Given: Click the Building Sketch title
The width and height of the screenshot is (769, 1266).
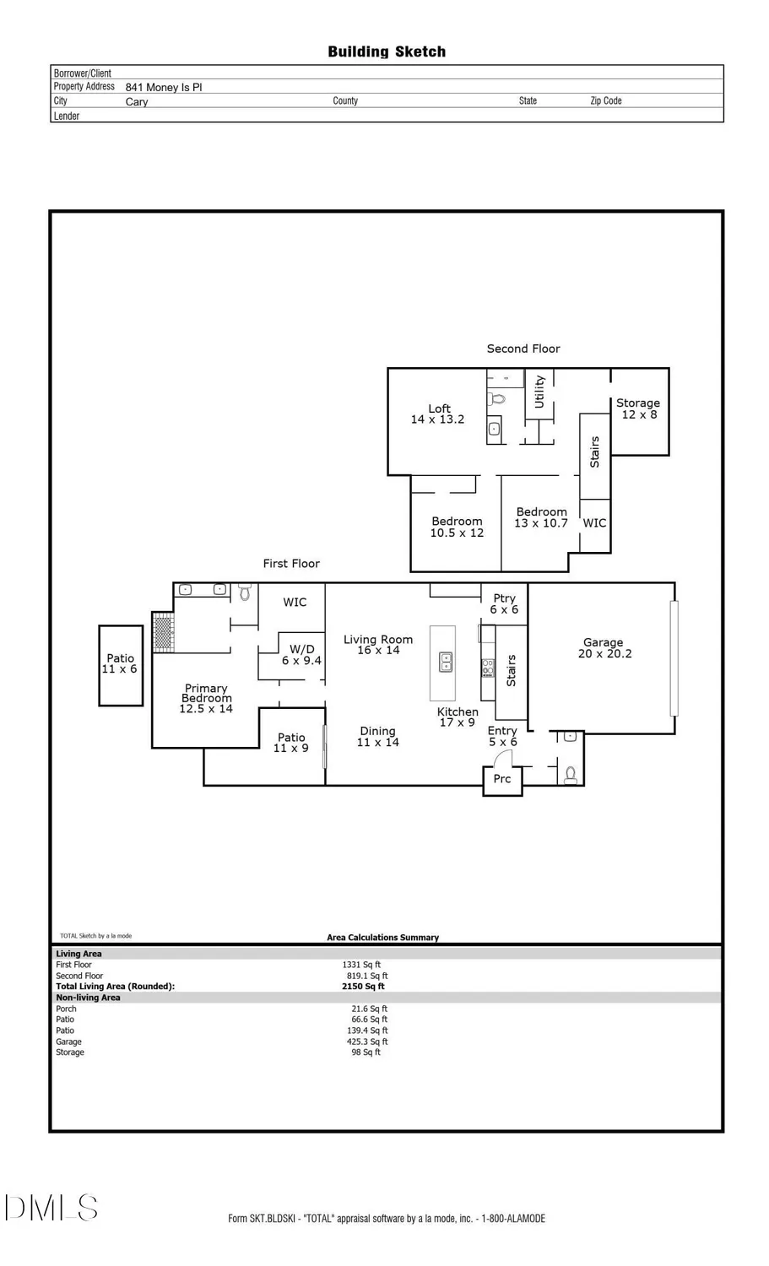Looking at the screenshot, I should (x=387, y=52).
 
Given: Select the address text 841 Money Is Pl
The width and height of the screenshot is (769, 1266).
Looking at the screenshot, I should (x=164, y=87).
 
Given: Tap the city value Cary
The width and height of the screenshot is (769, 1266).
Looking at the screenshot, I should (x=137, y=102).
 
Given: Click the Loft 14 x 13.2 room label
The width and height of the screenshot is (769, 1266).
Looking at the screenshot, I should (x=437, y=414).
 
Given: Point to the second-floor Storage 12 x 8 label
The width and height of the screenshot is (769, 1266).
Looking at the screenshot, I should (x=638, y=408).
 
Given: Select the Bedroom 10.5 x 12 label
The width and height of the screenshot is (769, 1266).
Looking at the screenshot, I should (x=457, y=527).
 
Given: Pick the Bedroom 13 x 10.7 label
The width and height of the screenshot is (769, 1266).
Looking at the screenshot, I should (x=541, y=517).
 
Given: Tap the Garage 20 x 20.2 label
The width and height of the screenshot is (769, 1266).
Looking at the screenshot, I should (x=604, y=648).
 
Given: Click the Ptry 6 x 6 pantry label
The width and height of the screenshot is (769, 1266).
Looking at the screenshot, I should (x=504, y=604).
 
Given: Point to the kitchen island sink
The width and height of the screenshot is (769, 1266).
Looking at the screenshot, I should (x=445, y=663).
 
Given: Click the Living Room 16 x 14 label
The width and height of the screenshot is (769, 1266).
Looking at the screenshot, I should (x=377, y=645).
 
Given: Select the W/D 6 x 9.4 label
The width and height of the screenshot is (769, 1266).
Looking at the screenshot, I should (x=301, y=655).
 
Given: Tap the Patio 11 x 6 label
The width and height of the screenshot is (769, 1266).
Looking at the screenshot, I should (x=120, y=663).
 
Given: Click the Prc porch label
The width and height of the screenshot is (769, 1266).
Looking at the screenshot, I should (x=501, y=779).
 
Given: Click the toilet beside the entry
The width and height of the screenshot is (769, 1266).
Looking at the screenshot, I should (x=571, y=774).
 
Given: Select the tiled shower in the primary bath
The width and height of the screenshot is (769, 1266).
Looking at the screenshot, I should (x=163, y=634).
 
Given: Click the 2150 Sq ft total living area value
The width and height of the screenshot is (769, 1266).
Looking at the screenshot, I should (x=363, y=987).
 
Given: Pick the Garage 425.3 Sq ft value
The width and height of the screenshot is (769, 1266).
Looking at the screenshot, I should (x=367, y=1041).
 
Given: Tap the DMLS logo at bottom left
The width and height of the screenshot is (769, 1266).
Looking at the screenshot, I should (x=51, y=1208).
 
